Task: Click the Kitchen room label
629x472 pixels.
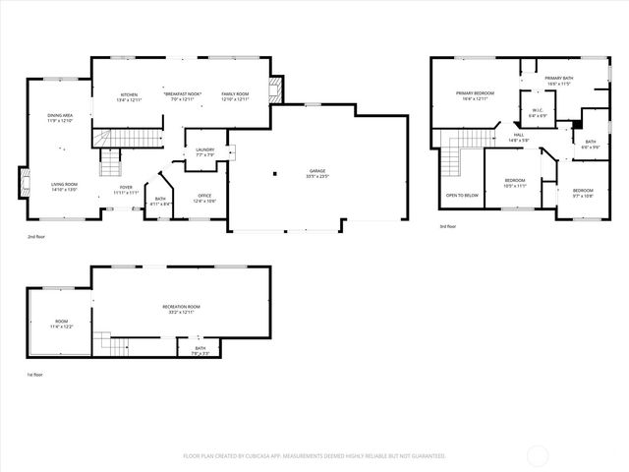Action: tap(130, 94)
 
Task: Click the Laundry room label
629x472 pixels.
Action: tap(205, 151)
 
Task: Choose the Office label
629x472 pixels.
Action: tap(205, 197)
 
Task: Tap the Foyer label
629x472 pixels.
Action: tap(126, 189)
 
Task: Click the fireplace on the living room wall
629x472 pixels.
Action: tap(23, 184)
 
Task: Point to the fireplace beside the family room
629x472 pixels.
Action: tap(278, 91)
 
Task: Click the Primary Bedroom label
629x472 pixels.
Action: tap(474, 95)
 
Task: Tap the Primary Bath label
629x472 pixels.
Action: tap(559, 80)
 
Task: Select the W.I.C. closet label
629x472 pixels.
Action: tap(536, 113)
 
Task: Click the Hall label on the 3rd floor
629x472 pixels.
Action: tap(518, 138)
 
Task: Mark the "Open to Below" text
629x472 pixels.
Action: tap(462, 195)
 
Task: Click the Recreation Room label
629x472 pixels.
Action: tap(178, 310)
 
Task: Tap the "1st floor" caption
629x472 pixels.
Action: tap(35, 375)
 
